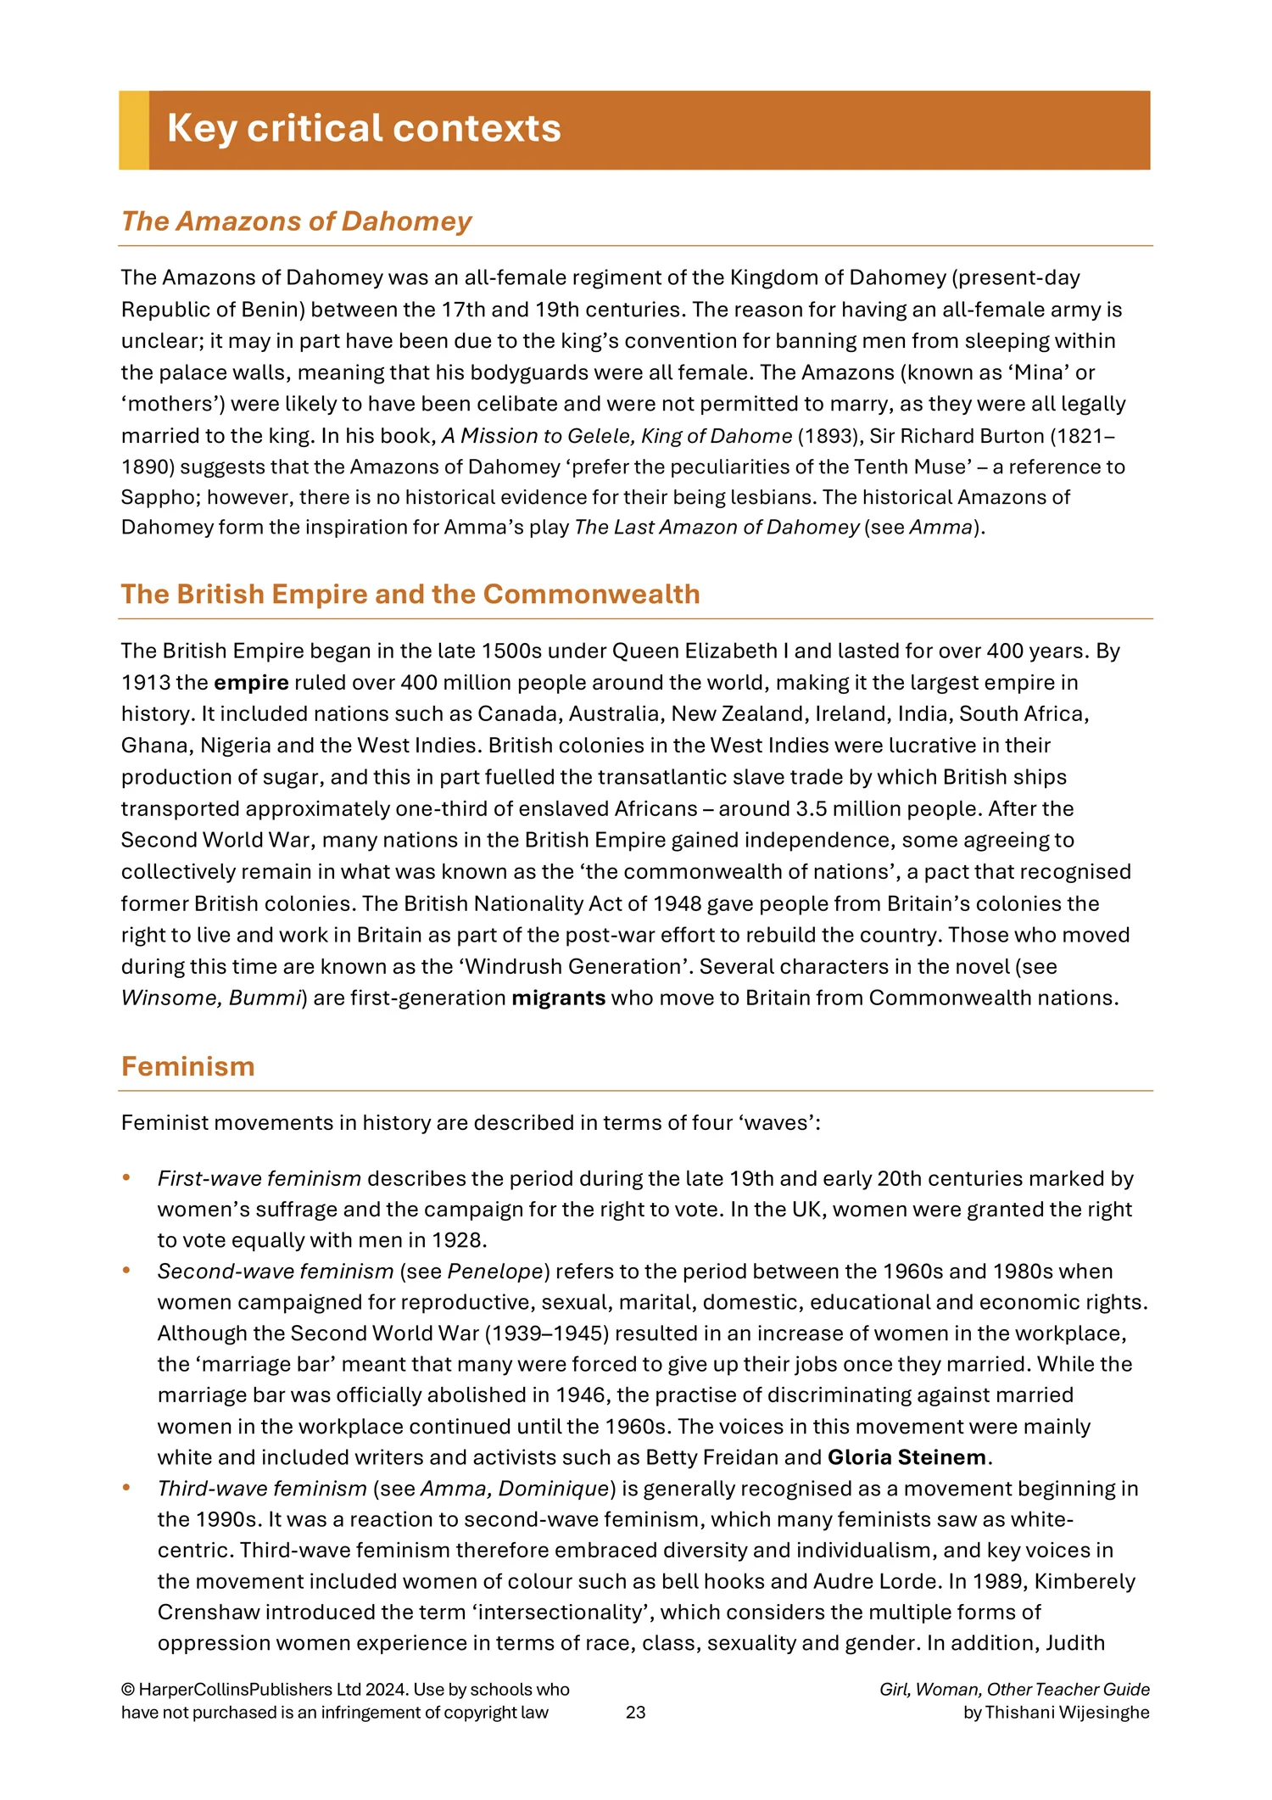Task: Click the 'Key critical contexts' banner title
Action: (x=364, y=129)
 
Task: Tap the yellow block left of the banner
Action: (x=134, y=130)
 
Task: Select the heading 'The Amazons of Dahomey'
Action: (x=296, y=221)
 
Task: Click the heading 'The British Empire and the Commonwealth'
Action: (x=410, y=594)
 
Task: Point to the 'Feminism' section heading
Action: (x=187, y=1066)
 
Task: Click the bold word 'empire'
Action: (x=251, y=683)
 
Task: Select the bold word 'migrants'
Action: (x=558, y=998)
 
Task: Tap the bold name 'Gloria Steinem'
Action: (x=907, y=1457)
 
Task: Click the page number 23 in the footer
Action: (x=635, y=1712)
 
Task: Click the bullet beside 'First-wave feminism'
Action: (x=126, y=1177)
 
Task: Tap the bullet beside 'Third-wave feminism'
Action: (x=126, y=1487)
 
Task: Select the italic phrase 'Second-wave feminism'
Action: (x=276, y=1272)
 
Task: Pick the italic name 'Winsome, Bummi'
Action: (x=210, y=998)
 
